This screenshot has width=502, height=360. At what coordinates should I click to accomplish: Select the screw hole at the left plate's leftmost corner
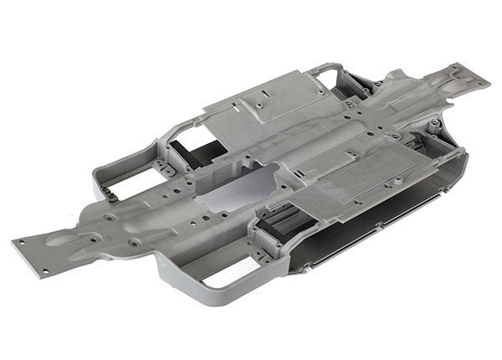18,244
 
